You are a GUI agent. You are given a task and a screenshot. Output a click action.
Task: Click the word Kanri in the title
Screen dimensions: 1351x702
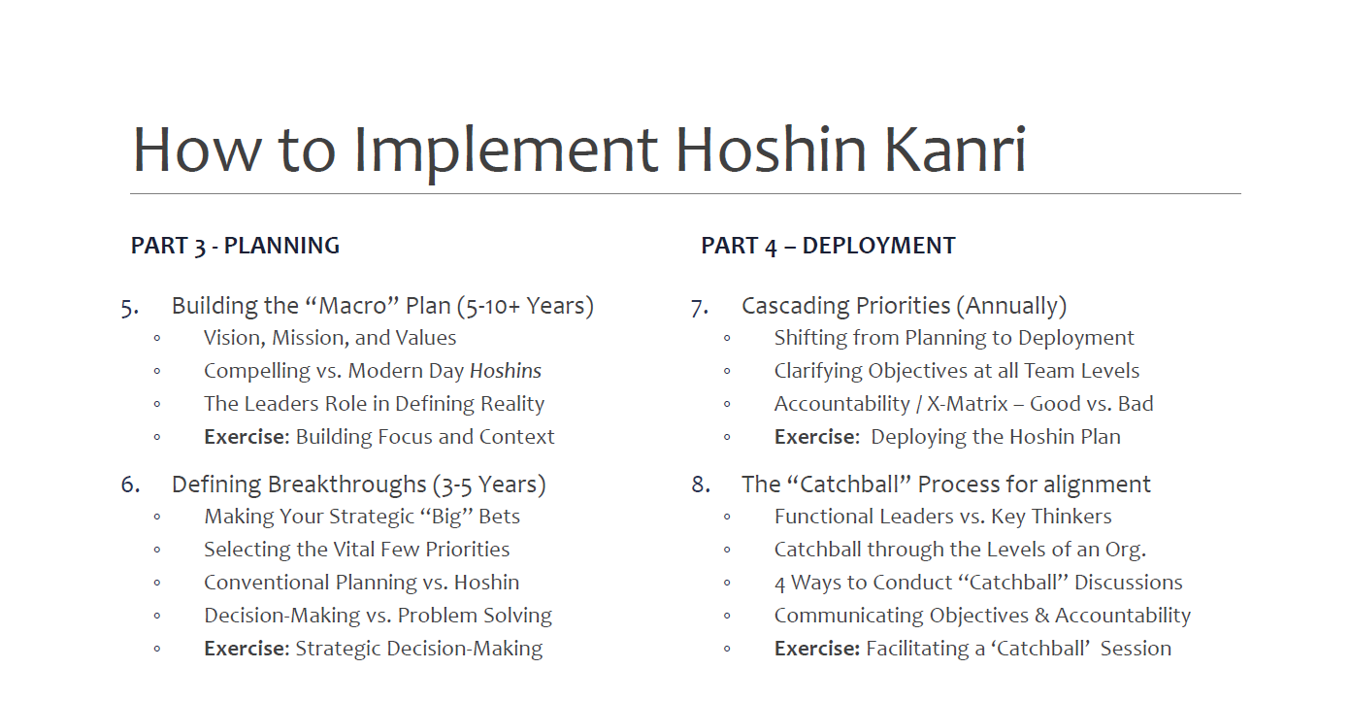coord(955,150)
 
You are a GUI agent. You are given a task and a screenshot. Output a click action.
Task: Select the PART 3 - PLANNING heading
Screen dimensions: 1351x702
coord(235,247)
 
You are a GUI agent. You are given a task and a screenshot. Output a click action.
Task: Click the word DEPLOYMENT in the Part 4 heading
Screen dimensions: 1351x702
coord(878,246)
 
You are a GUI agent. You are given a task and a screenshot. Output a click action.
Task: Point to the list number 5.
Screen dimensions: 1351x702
coord(129,308)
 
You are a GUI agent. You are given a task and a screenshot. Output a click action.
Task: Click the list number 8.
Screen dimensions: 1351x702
coord(701,485)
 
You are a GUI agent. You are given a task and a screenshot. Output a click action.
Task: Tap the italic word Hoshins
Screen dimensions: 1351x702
coord(506,371)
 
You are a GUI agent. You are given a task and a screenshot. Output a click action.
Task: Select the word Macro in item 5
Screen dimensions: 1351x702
coord(352,306)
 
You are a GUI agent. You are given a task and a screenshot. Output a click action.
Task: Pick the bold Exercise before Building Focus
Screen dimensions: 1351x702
coord(247,436)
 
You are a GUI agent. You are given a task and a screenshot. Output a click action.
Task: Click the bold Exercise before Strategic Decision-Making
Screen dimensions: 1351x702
coord(247,649)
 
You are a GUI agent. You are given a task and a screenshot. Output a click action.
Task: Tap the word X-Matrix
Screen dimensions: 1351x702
coord(967,404)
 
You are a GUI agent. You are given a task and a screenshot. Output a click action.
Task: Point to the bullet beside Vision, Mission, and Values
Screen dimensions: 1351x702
coord(157,339)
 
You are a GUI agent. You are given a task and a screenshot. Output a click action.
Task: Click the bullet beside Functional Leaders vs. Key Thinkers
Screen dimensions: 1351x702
coord(727,518)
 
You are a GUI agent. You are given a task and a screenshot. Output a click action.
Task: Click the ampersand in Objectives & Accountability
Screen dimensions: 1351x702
coord(1041,616)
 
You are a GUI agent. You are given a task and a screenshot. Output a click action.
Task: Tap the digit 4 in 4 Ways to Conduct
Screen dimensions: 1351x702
coord(780,584)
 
